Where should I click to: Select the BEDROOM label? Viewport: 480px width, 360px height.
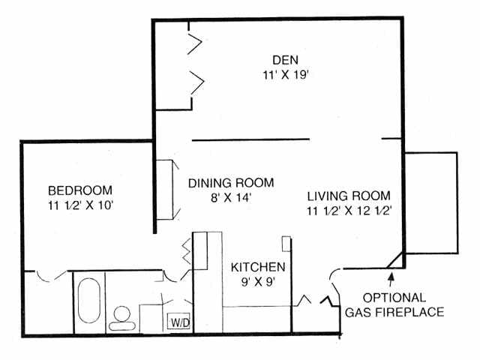point(80,190)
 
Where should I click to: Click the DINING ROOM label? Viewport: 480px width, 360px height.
point(230,183)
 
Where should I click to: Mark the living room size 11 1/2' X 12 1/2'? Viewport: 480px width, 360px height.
point(350,211)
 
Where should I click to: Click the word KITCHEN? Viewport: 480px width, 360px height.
point(257,267)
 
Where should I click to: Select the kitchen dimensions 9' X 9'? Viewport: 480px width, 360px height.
point(257,283)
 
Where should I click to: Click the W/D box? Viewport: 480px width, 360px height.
point(179,323)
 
